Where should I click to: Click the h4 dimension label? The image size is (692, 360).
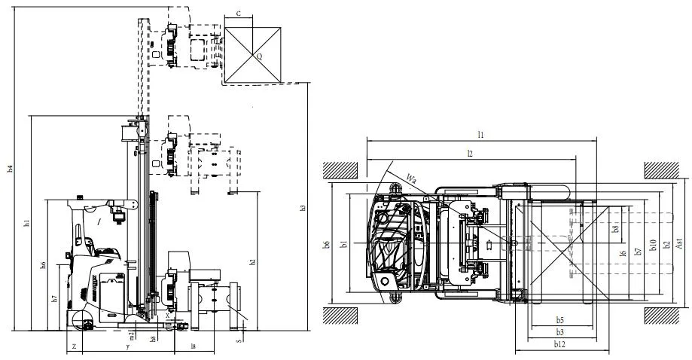tap(10, 169)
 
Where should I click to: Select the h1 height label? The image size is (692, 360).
tap(26, 224)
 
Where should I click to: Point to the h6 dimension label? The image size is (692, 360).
tap(43, 264)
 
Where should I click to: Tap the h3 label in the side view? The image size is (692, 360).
tap(303, 207)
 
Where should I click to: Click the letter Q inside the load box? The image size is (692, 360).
tap(259, 56)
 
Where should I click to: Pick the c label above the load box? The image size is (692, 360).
tap(239, 14)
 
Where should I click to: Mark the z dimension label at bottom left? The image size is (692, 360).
tap(73, 346)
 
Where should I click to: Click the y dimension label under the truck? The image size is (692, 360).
tap(128, 346)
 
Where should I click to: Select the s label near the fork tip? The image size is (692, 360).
tap(239, 340)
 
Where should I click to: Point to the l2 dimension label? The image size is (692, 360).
tap(469, 152)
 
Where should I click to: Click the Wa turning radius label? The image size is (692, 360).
tap(411, 178)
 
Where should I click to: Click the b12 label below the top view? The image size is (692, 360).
tap(559, 344)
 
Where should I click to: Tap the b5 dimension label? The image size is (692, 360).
tap(560, 319)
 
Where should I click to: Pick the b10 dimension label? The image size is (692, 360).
tap(654, 243)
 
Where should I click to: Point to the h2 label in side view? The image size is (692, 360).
tap(252, 261)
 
